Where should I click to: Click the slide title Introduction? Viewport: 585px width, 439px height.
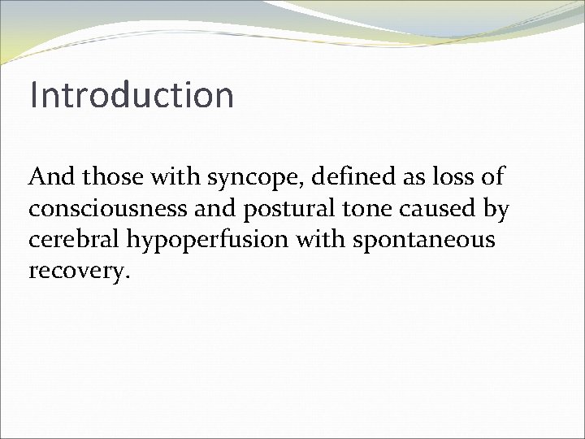click(x=132, y=94)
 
